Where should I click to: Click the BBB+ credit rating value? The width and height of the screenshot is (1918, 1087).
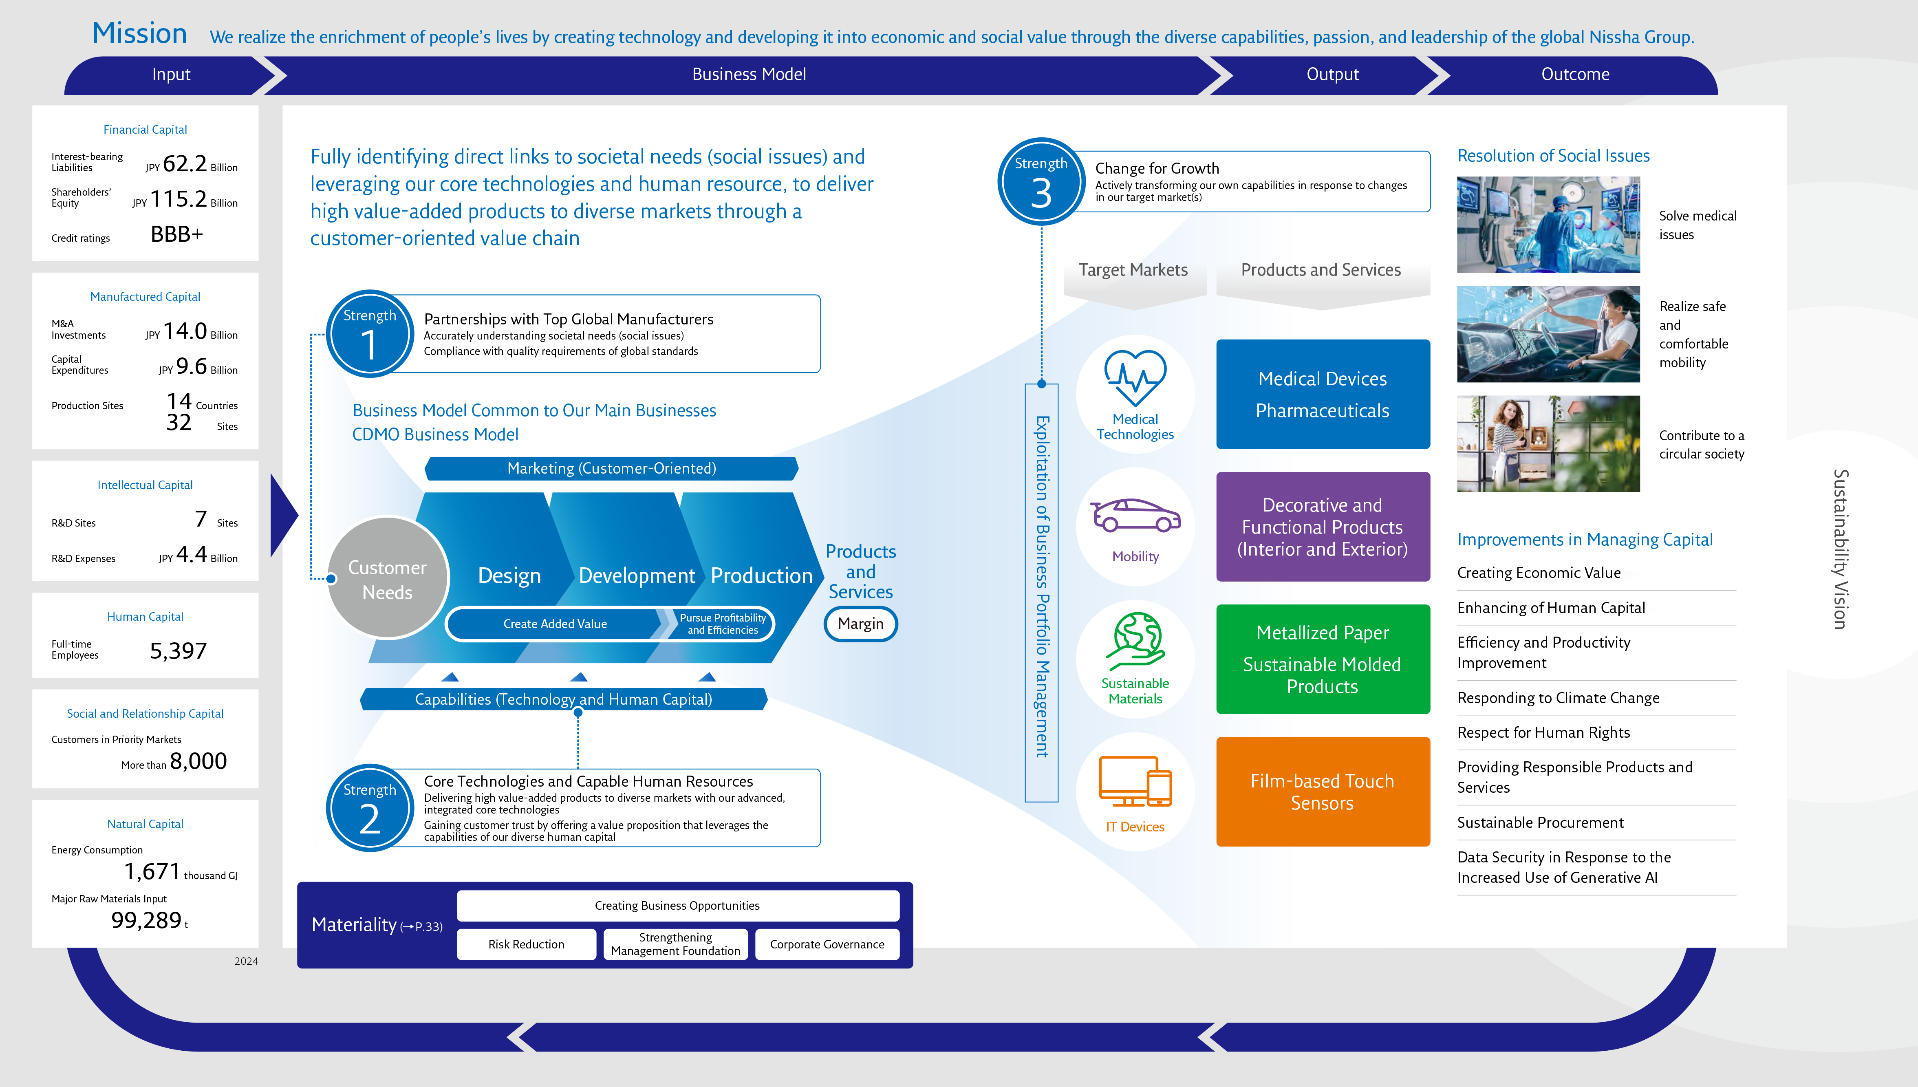[177, 234]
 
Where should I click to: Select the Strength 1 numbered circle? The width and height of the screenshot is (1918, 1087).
[369, 334]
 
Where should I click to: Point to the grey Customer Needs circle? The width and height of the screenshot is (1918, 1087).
[387, 579]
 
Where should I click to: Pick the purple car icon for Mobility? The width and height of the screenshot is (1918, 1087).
[1135, 515]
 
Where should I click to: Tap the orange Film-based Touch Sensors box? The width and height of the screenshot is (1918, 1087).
[1323, 792]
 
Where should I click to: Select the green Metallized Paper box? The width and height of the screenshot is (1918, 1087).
[1323, 659]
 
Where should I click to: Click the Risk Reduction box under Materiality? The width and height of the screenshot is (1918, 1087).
[526, 944]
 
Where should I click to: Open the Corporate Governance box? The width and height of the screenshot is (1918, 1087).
[827, 944]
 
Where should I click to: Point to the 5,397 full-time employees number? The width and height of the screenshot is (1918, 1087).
[178, 651]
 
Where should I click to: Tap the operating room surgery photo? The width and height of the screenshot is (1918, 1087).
[1548, 225]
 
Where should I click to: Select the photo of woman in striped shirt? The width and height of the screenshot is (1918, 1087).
[1548, 443]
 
